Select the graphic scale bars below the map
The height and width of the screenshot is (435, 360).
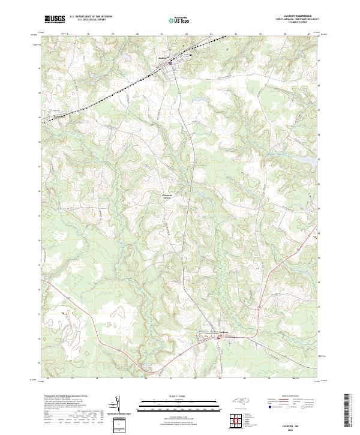(179, 406)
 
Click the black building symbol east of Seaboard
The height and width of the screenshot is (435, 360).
(191, 55)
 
